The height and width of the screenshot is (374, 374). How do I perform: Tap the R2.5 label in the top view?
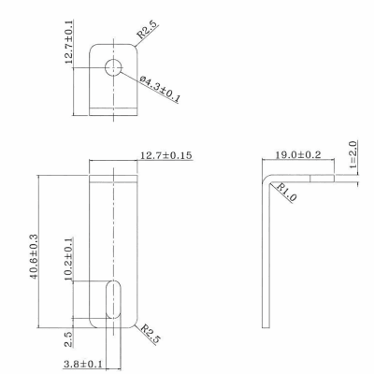(149, 29)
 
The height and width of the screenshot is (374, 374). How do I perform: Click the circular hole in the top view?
(114, 66)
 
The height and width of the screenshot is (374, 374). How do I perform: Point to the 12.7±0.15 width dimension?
(165, 155)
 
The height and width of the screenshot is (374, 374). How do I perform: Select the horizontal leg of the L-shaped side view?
(309, 171)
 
